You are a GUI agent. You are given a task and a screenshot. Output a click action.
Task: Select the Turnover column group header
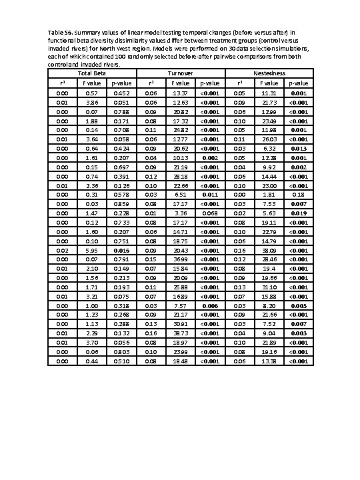181,72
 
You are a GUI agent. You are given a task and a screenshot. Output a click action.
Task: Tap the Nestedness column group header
269,72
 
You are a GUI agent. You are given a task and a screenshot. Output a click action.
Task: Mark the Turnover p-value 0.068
210,213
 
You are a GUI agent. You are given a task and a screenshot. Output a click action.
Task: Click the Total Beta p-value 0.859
121,203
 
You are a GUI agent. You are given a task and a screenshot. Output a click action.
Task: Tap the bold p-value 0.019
299,213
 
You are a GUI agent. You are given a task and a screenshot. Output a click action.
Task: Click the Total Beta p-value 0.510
121,361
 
